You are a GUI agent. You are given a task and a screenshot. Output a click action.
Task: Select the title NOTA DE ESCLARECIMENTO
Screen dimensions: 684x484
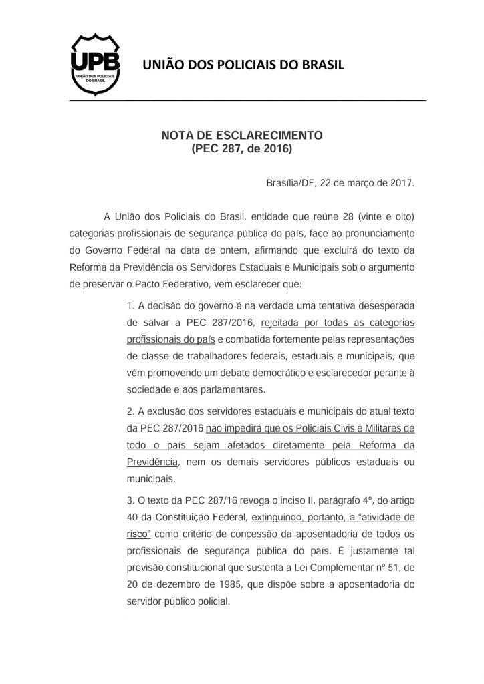[242, 135]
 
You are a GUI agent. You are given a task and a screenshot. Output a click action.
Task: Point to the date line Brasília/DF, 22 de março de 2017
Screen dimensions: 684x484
[341, 182]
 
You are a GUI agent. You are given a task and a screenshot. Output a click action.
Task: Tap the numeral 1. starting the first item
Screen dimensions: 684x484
[130, 305]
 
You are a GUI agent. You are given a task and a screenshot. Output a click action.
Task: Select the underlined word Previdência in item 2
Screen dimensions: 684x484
[152, 462]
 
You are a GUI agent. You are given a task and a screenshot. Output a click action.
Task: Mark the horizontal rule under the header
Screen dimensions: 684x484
[247, 100]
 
